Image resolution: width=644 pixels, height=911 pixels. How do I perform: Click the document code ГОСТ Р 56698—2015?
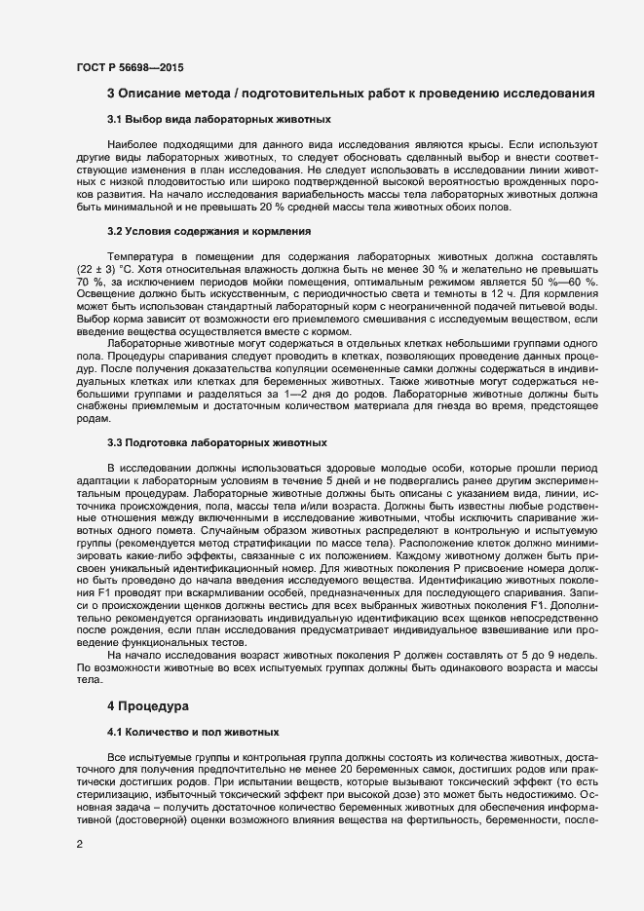point(129,67)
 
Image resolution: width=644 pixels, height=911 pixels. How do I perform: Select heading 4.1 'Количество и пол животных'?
point(194,731)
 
